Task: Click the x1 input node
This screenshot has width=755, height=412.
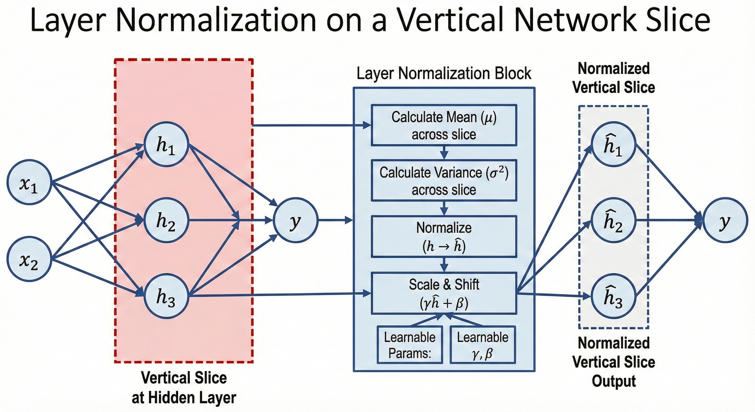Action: click(29, 182)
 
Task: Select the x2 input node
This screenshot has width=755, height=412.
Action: click(29, 259)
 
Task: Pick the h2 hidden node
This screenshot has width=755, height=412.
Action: click(166, 220)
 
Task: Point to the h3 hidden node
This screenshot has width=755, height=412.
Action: click(166, 296)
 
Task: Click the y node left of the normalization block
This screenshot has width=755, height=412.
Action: click(295, 220)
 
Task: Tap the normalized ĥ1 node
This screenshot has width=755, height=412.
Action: click(613, 144)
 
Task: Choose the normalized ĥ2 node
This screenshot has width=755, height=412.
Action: click(613, 220)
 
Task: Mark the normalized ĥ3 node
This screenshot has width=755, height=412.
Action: click(613, 296)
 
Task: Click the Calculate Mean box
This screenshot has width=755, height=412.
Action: click(444, 125)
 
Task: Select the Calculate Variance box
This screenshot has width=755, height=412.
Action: click(444, 180)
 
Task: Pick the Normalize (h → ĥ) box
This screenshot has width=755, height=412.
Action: click(444, 236)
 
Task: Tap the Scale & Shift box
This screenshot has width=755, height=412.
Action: click(444, 293)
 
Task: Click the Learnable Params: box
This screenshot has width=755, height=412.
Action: click(409, 345)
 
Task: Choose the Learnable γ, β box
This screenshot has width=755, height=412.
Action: click(482, 345)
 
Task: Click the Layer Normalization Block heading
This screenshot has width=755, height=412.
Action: click(444, 73)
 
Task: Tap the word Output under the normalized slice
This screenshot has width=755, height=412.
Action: click(614, 381)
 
